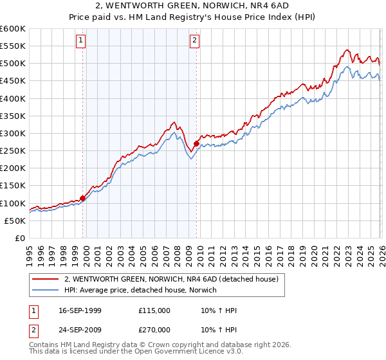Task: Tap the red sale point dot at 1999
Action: coord(83,198)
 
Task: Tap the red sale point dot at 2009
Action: coord(196,144)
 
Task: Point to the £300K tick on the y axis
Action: coord(13,134)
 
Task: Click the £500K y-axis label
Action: coord(13,64)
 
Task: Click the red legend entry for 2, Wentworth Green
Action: coord(171,280)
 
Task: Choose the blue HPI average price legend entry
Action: coord(141,291)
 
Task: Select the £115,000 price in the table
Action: coord(154,311)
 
